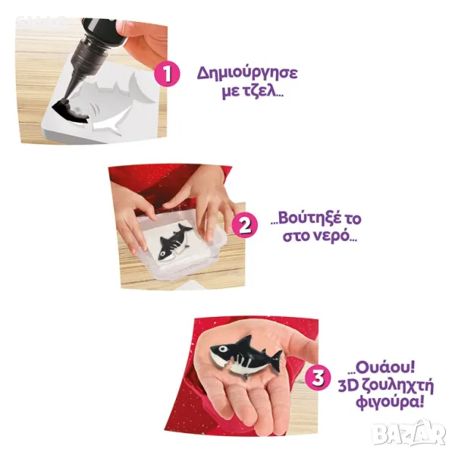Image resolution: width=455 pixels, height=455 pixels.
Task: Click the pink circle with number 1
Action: [167, 74]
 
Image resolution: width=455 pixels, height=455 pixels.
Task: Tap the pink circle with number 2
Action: [245, 225]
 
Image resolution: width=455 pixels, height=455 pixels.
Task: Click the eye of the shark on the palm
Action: [222, 348]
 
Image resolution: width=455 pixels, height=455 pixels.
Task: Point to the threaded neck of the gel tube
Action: [93, 61]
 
